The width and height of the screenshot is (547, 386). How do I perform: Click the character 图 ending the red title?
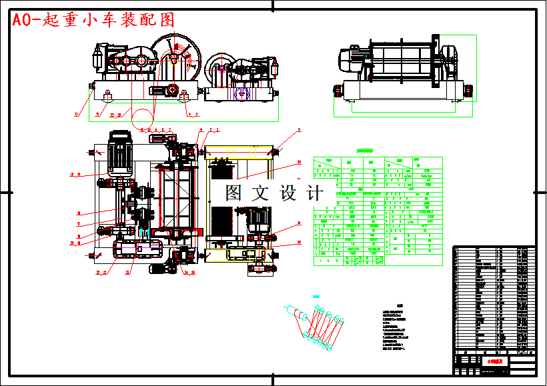[167, 20]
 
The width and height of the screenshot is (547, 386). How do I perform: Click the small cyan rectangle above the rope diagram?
[316, 296]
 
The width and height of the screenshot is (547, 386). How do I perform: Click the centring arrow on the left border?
[5, 193]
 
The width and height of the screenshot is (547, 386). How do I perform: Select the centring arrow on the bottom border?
[273, 380]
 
